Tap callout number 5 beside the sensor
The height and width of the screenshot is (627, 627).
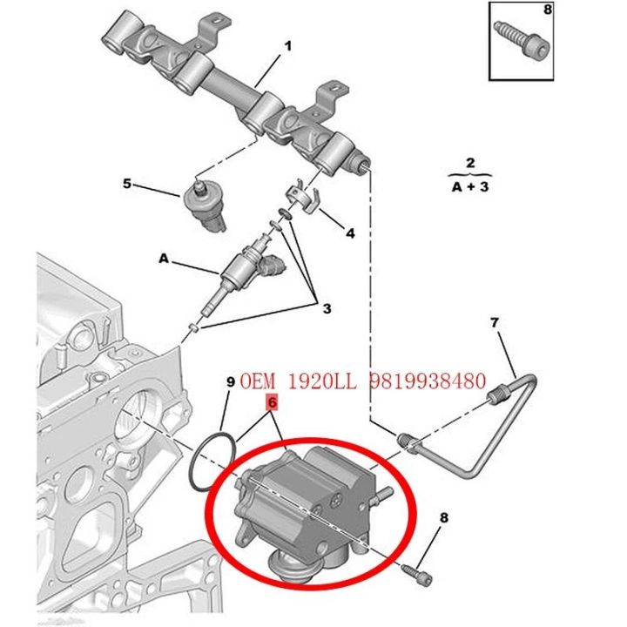(127, 184)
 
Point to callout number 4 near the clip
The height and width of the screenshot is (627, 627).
(350, 233)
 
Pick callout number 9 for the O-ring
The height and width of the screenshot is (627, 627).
(230, 381)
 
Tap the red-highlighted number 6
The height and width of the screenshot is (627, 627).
(272, 402)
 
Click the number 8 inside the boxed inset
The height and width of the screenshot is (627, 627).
(596, 10)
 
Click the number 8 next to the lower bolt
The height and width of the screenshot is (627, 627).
(443, 519)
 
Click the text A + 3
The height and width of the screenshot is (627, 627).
(469, 187)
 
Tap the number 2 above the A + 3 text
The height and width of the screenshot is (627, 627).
(469, 163)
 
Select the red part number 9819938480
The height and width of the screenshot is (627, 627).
(427, 381)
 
